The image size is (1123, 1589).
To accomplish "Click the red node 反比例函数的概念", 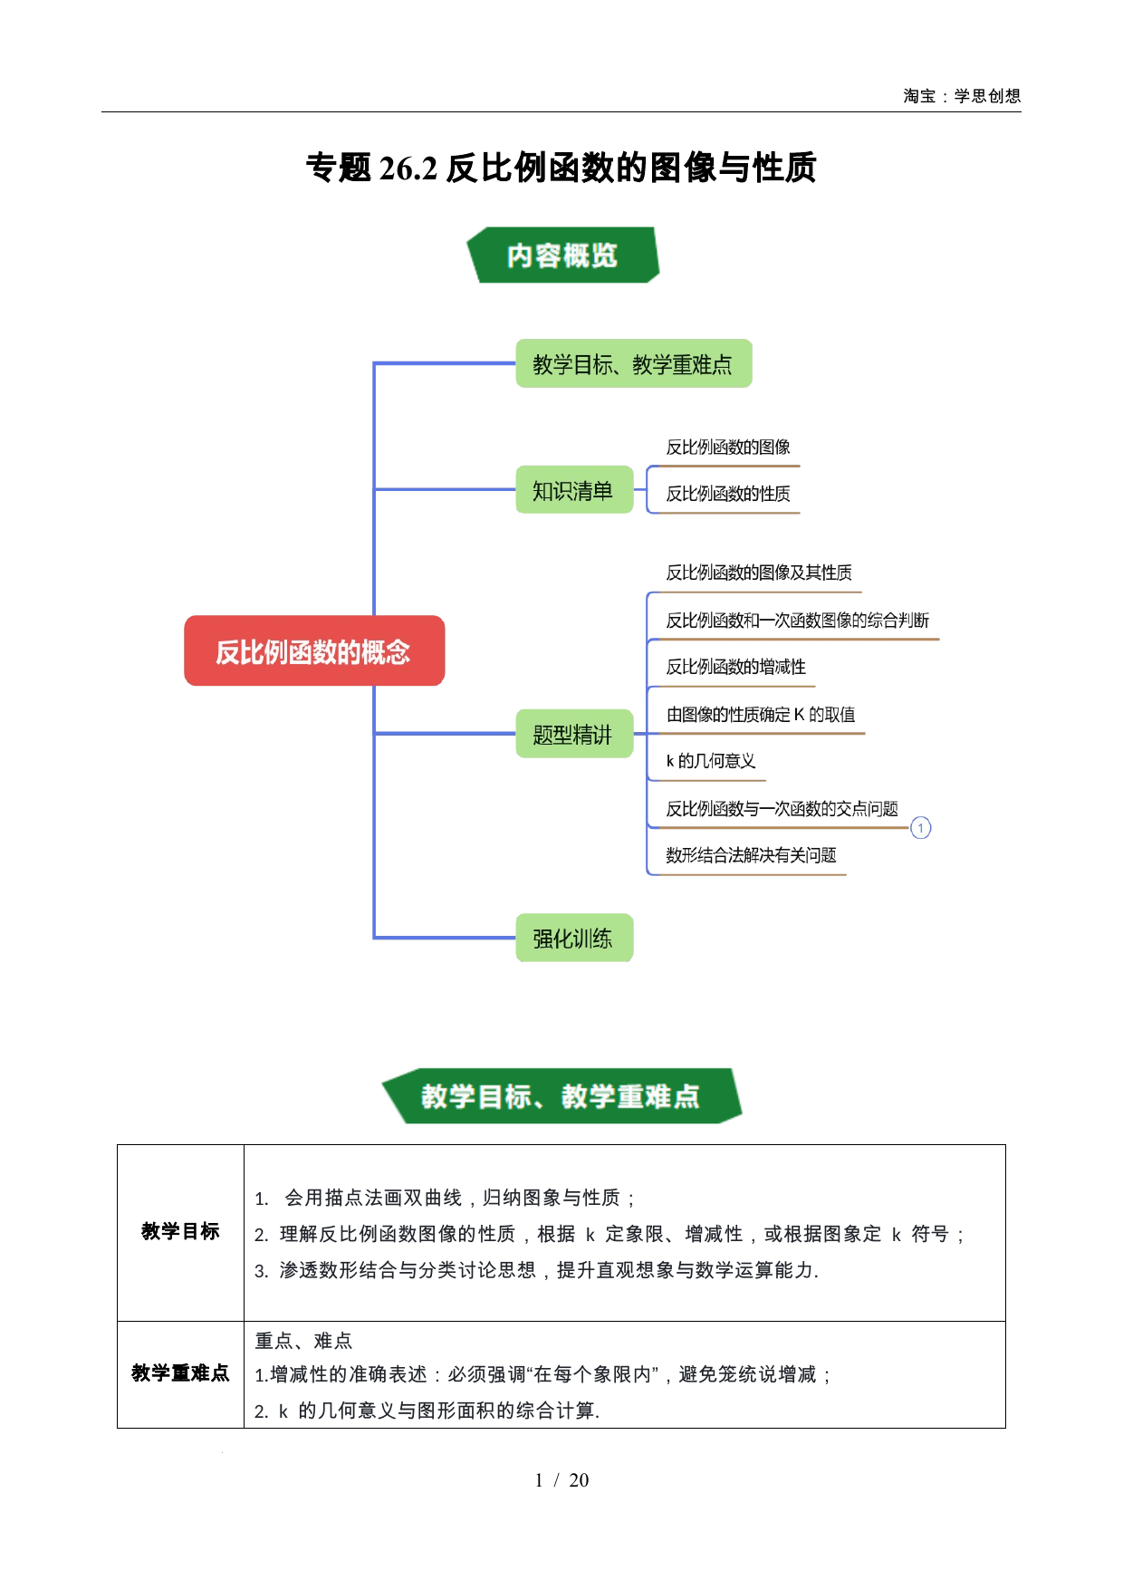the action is coord(314,650).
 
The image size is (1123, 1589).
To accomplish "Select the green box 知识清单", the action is coord(574,490).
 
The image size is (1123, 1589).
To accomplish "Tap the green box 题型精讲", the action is coord(574,734).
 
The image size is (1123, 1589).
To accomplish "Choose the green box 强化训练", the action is coord(574,938).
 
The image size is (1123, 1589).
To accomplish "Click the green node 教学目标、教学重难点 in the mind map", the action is coord(634,363).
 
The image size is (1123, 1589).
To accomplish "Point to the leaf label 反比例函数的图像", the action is coord(728,447).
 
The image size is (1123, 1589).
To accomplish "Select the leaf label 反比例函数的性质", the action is coord(728,494).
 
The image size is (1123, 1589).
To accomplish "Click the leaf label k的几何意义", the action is coord(711,761).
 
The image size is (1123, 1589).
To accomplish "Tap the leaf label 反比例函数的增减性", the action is coord(735,667).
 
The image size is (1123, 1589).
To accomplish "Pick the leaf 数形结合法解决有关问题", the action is coord(751,855).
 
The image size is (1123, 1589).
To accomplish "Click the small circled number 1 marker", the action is coord(920,828).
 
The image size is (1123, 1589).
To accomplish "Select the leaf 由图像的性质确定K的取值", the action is coord(761,715).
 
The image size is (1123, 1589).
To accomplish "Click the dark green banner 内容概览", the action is coord(562,255).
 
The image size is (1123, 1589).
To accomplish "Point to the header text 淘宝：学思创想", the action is coord(962,96).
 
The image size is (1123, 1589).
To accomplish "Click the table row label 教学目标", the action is coord(180,1231).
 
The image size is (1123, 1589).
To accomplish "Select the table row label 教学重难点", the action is coord(180,1373).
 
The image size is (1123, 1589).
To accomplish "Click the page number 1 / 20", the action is coord(561,1480).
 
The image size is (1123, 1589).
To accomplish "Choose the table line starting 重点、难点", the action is coord(303,1341).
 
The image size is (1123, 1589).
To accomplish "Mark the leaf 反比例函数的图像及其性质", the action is coord(759,573).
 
